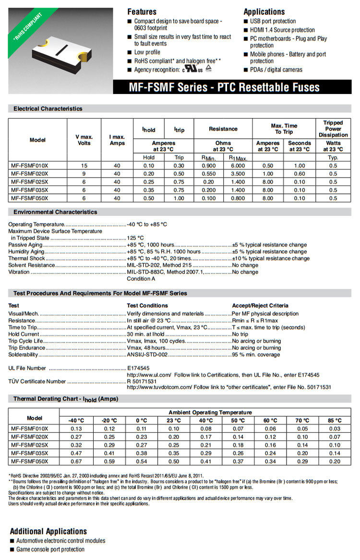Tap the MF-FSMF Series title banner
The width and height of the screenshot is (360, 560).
click(x=224, y=87)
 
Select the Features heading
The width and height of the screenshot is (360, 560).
click(x=142, y=12)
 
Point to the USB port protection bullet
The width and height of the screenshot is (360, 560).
click(x=273, y=21)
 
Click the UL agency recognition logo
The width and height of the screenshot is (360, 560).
click(x=192, y=69)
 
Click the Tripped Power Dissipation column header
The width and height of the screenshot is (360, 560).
click(x=333, y=129)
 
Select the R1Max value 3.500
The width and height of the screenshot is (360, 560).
click(x=238, y=174)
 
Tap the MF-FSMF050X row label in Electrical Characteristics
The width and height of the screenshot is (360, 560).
click(x=30, y=198)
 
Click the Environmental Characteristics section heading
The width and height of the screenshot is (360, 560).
click(x=55, y=212)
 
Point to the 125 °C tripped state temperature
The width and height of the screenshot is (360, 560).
click(x=135, y=238)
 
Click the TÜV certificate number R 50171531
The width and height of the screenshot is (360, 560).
click(x=142, y=381)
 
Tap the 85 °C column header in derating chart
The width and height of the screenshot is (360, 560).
click(x=335, y=420)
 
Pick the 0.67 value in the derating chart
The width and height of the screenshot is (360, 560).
click(x=76, y=462)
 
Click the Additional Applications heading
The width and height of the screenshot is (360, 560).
click(x=48, y=531)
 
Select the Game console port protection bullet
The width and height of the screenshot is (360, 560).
click(x=50, y=549)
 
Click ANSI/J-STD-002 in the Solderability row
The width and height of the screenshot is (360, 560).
click(x=147, y=355)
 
